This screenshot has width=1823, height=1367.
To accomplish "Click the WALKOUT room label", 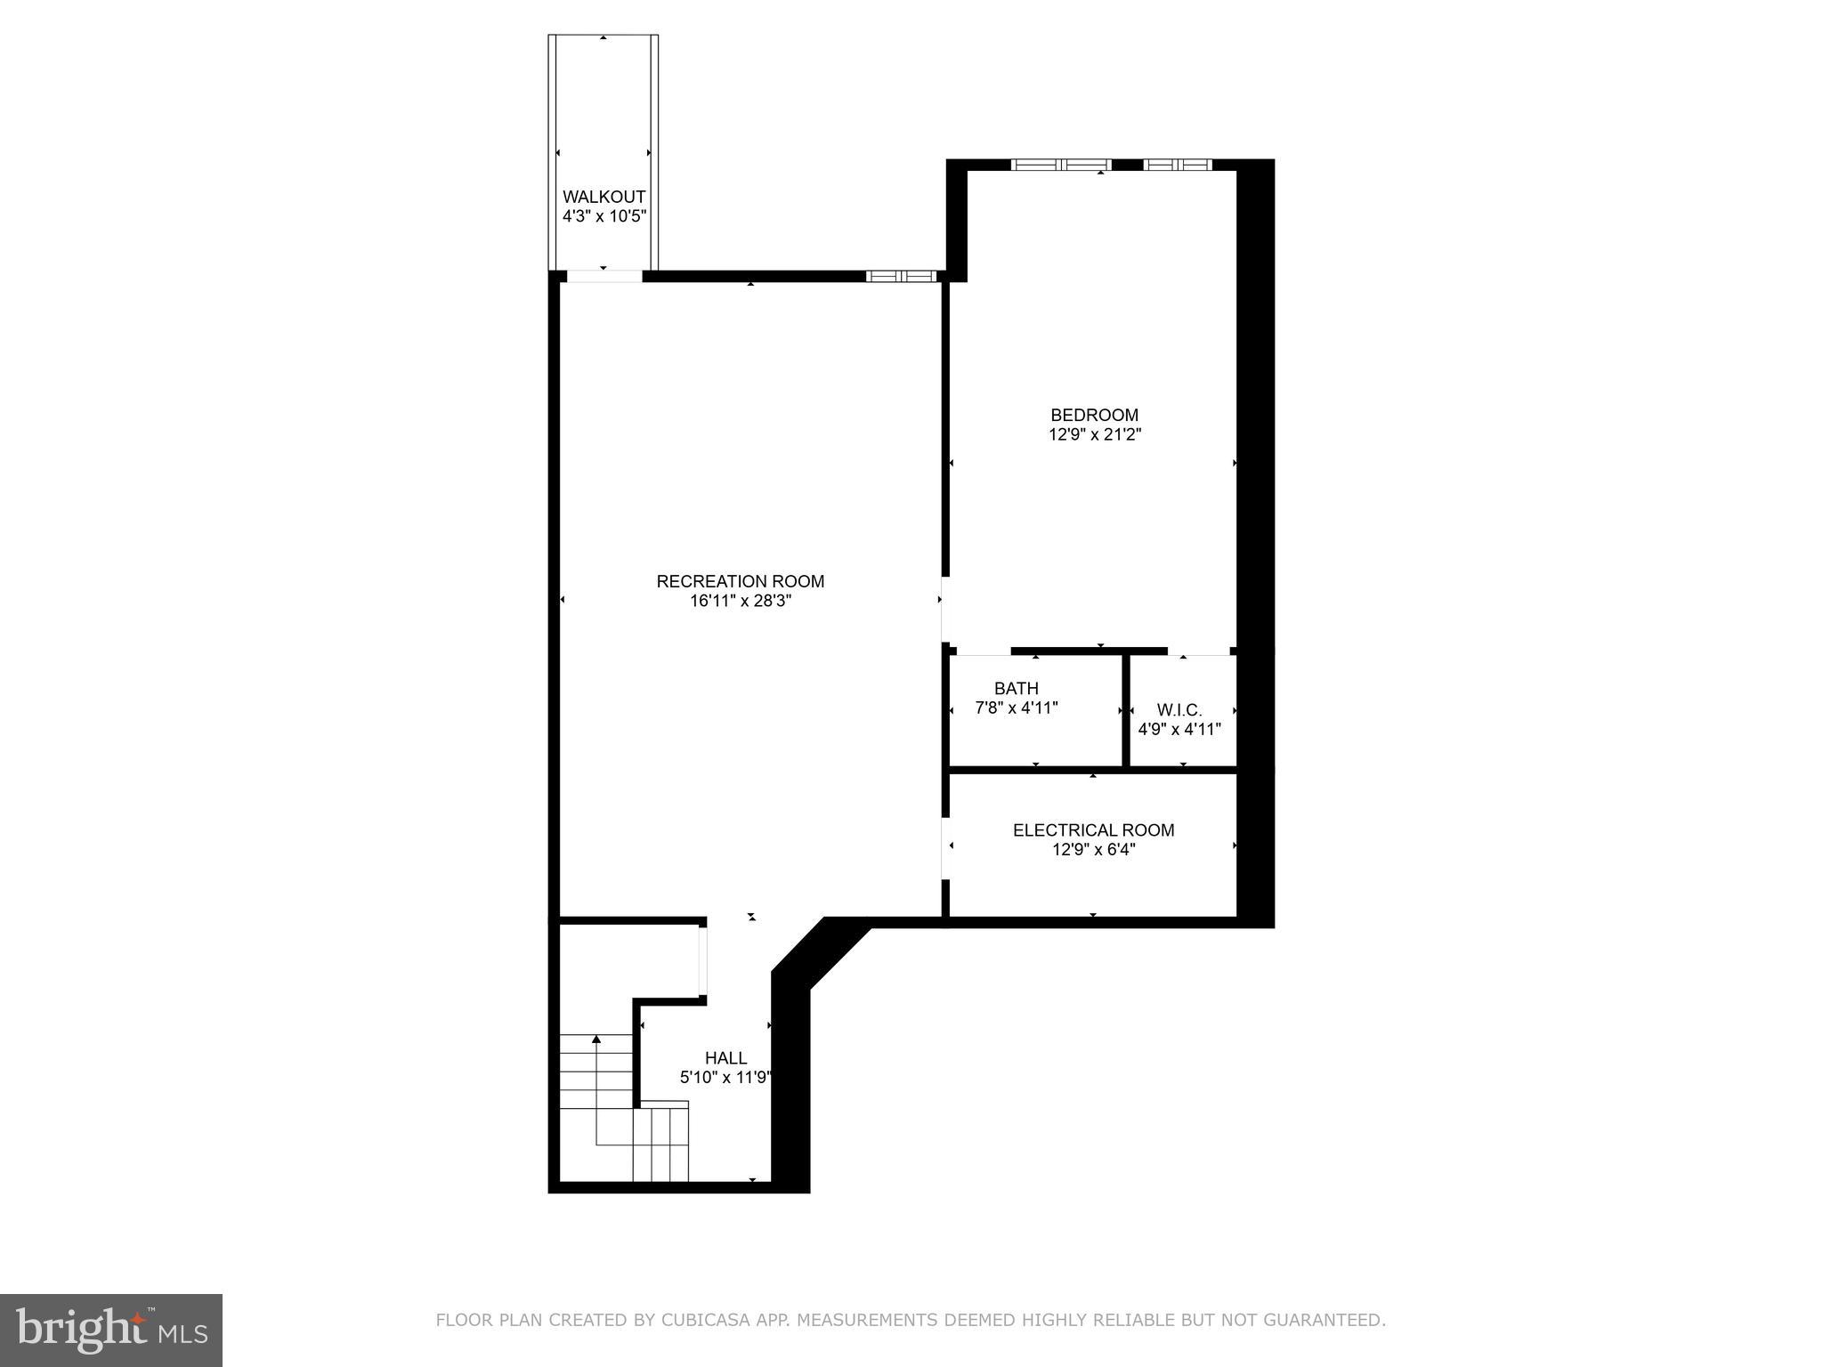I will pos(604,197).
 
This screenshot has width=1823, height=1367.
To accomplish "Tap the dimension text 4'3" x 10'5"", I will pos(604,216).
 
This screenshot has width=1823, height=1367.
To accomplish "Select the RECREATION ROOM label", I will pos(740,581).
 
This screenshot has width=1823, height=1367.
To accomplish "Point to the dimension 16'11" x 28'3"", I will pos(740,601).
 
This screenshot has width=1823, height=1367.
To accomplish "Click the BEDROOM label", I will pos(1094,415).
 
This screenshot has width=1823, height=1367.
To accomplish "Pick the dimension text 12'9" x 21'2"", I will pos(1094,434).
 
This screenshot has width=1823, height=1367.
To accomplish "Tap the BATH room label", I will pos(1016,688).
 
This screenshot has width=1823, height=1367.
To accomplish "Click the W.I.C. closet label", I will pos(1179,710).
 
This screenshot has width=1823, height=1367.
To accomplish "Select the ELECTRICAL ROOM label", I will pos(1093,829).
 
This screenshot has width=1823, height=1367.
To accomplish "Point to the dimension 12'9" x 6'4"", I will pos(1093,849).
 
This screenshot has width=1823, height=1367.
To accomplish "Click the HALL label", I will pos(725,1058).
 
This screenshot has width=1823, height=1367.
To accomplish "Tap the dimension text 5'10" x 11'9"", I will pos(725,1078).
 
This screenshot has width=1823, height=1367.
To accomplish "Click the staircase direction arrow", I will pos(596,1039).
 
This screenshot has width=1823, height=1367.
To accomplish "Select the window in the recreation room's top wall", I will pos(901,276).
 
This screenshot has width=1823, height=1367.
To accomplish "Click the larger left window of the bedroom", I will pos(1061,165).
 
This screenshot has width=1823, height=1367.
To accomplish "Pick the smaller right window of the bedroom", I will pos(1177,165).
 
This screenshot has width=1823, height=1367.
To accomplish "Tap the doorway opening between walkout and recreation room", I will pos(604,276).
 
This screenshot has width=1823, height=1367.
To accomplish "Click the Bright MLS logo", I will pos(111,1330).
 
